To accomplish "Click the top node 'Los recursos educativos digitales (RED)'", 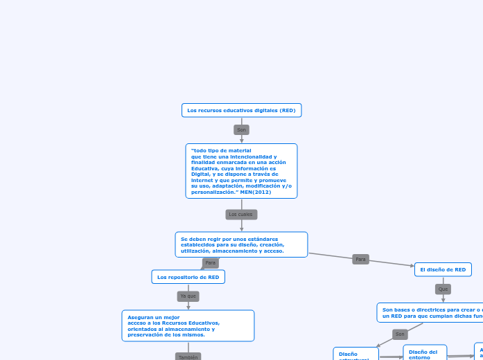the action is click(241, 110).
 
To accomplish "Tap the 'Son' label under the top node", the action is click(241, 129).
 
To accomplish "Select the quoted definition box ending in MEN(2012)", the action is click(241, 171).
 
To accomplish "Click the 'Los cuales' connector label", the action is click(241, 215).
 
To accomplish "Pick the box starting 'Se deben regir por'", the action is click(241, 244).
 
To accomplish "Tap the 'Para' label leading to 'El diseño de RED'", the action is click(360, 259).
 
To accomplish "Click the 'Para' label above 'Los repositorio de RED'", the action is click(211, 263).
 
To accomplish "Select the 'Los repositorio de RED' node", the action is click(188, 277).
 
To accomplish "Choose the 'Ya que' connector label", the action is click(188, 296).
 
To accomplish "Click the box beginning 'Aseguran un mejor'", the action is click(188, 325).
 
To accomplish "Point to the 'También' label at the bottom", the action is click(188, 357).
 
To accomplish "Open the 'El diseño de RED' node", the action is click(443, 269).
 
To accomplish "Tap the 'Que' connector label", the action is click(444, 289).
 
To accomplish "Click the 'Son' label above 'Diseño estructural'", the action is click(400, 334).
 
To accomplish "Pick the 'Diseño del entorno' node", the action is click(424, 352).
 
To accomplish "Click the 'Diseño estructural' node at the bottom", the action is click(355, 354).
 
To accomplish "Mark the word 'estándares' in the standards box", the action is click(261, 239).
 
